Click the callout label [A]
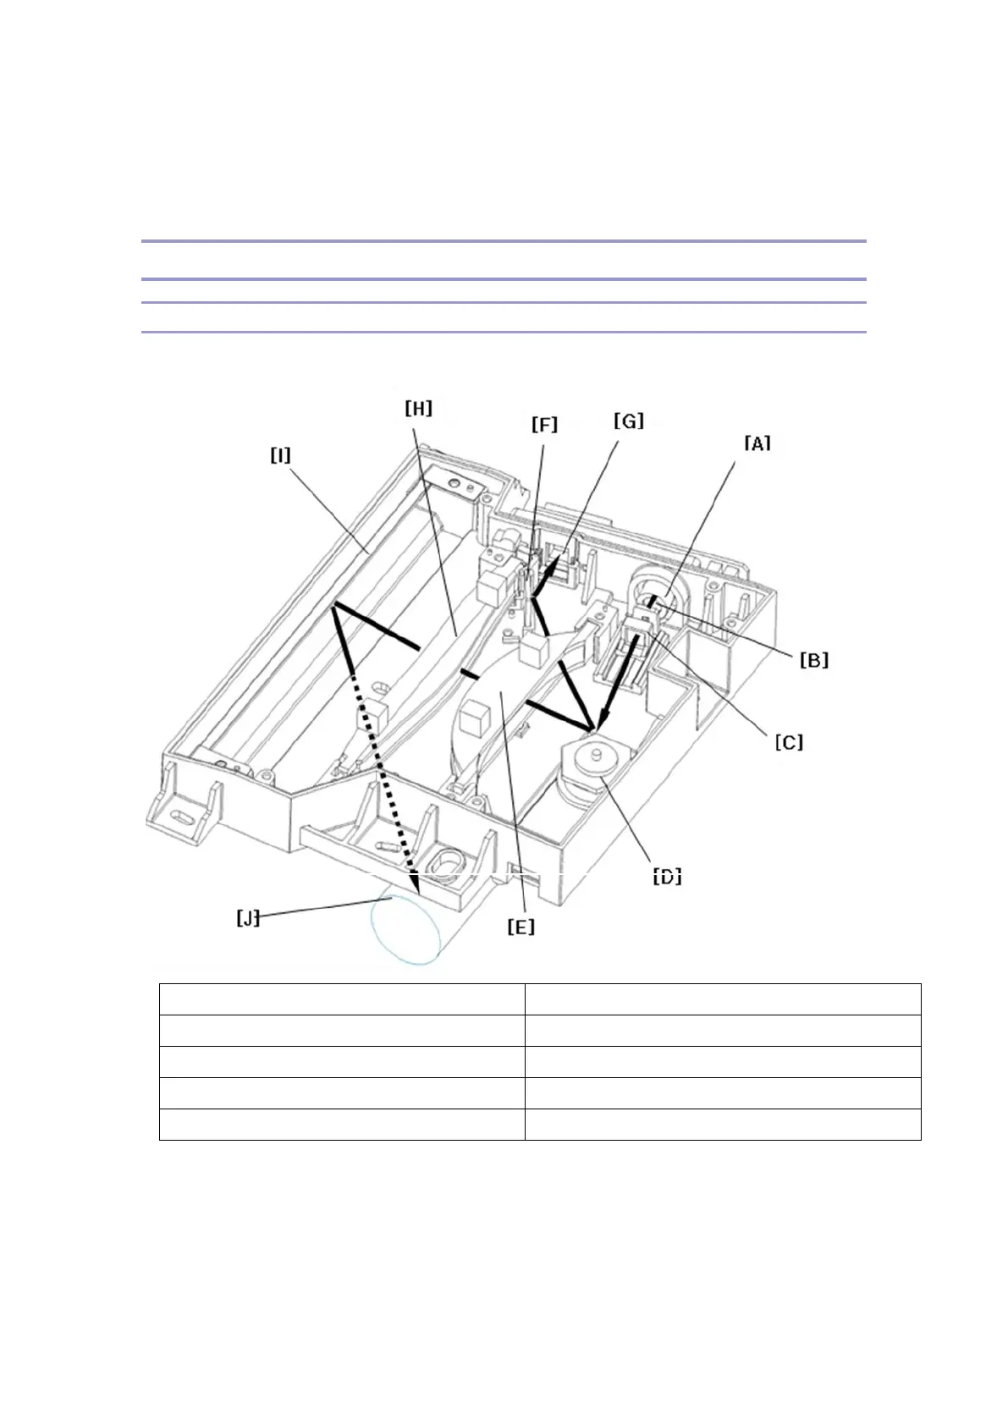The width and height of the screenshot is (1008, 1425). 757,443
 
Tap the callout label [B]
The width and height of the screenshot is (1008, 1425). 814,659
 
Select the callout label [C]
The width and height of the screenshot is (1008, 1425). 789,742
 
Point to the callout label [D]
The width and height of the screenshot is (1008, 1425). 667,876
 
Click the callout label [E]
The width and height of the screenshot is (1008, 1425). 521,927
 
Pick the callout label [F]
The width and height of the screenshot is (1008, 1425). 544,424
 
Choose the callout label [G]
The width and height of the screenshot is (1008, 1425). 628,421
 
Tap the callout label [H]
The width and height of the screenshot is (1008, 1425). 418,409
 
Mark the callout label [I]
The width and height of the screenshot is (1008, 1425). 280,455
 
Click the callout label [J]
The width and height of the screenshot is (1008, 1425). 248,918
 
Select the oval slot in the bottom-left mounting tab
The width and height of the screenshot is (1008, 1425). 180,817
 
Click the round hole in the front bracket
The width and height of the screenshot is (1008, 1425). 444,862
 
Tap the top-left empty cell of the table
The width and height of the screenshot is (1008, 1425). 342,999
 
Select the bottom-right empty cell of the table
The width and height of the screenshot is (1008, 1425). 722,1124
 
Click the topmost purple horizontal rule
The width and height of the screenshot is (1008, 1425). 504,241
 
